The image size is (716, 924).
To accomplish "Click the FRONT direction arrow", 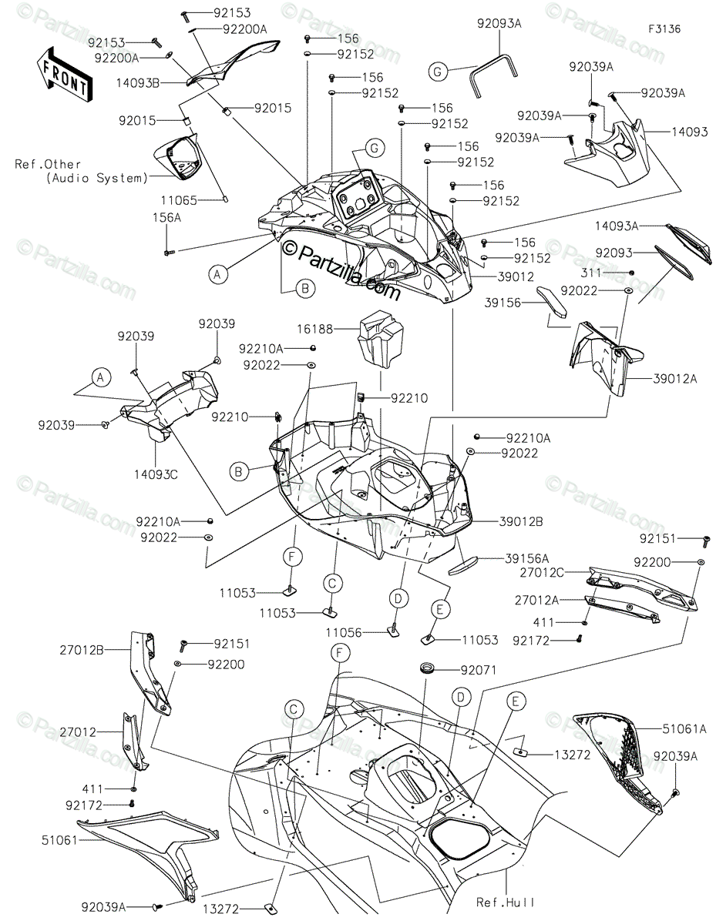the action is click(64, 74).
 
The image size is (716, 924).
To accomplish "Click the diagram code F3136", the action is click(664, 29).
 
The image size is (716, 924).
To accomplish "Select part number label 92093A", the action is click(499, 23).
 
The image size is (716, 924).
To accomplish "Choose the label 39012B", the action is click(521, 521).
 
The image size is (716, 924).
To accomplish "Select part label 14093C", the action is click(156, 474).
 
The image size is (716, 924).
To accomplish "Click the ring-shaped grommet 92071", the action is click(426, 669).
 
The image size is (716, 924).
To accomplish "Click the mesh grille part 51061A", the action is click(619, 761).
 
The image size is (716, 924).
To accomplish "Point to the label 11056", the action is click(343, 633).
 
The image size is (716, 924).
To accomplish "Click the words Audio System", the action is click(97, 178).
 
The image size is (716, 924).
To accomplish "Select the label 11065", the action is click(179, 200).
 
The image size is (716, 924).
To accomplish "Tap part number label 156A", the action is click(166, 218).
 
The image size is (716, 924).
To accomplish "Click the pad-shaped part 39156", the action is click(551, 303).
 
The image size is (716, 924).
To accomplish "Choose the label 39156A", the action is click(526, 558).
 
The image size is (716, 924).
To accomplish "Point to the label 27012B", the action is click(82, 650).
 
